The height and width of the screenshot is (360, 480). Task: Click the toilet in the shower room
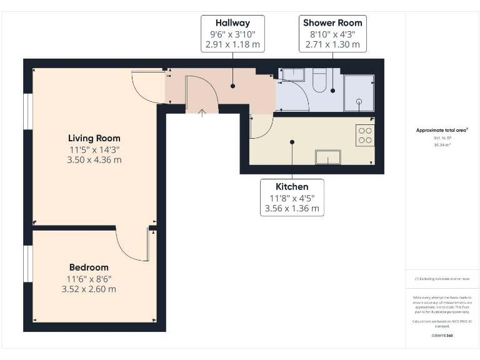click(x=319, y=82)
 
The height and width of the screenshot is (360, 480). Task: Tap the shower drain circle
click(x=359, y=101)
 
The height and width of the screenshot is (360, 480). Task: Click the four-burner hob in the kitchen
click(x=364, y=136)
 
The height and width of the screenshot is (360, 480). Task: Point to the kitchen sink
click(x=328, y=157)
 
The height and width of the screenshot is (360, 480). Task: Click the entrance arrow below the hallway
click(x=202, y=113)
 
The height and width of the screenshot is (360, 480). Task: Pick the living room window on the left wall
click(x=28, y=113)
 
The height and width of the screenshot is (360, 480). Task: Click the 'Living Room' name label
click(x=94, y=138)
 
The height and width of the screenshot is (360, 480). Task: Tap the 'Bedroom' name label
click(x=89, y=267)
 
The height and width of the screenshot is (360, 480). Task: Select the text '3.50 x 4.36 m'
click(x=94, y=160)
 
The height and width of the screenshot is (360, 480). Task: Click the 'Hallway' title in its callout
click(x=233, y=22)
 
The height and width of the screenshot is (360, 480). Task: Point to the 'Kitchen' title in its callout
click(x=292, y=186)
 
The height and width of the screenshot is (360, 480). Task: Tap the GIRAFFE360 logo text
click(x=442, y=336)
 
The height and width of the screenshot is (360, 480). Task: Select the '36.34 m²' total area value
click(x=442, y=144)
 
